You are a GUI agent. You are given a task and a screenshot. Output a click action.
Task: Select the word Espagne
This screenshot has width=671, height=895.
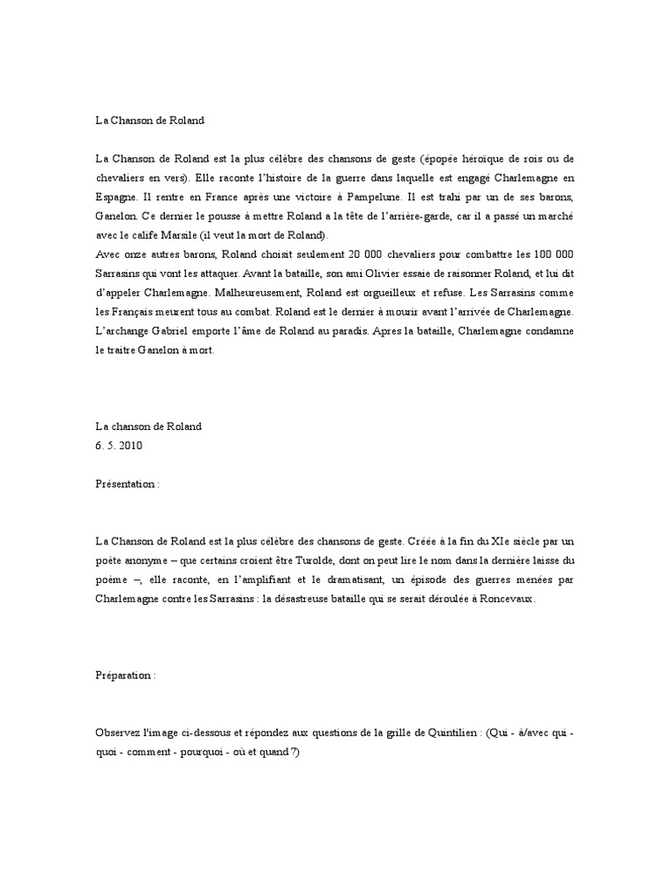[117, 198]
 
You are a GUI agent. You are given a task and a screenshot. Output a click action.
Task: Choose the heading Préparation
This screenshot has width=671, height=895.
[126, 676]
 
